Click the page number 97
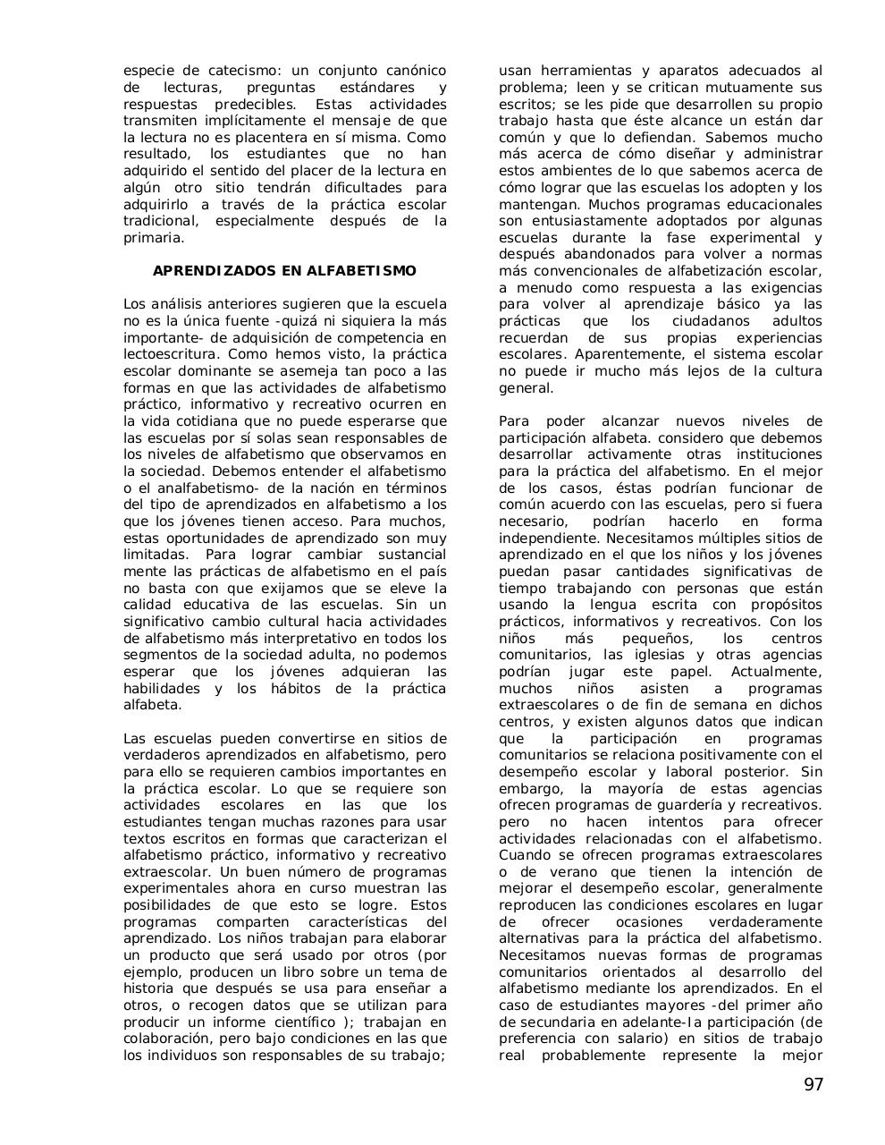(x=813, y=1085)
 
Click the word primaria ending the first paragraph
(x=153, y=238)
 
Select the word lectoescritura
(x=168, y=354)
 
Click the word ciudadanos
(x=703, y=321)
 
